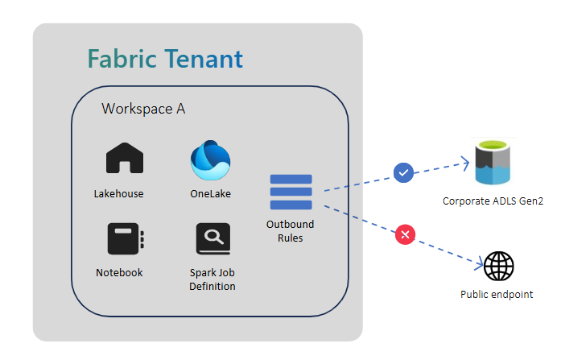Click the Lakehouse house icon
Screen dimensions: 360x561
[x=125, y=159]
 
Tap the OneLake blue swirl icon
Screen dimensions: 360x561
[x=210, y=161]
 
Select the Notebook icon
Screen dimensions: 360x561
[x=125, y=239]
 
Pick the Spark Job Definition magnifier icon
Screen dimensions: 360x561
[x=212, y=239]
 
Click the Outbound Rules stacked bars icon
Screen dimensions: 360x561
[x=291, y=191]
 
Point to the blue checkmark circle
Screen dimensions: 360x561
[x=403, y=172]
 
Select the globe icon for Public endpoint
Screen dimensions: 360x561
[x=498, y=266]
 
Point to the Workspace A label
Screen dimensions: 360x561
[x=143, y=109]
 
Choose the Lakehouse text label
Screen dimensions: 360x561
[x=118, y=193]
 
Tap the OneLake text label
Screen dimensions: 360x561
[x=211, y=193]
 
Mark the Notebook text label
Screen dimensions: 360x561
[x=119, y=272]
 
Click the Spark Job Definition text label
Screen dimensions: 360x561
[x=212, y=279]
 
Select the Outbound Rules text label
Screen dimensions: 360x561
[x=290, y=230]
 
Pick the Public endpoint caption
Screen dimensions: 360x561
[x=497, y=295]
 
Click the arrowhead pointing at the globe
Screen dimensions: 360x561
[x=480, y=261]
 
